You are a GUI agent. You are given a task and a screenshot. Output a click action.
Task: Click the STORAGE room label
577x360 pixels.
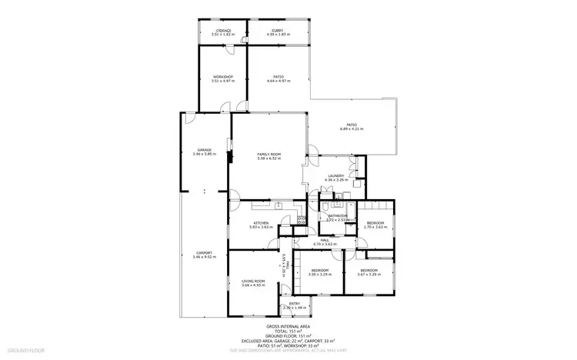tap(223, 30)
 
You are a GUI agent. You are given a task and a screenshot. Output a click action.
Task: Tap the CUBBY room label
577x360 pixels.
tap(277, 30)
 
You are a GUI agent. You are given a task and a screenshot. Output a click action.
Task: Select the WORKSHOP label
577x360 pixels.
tap(223, 77)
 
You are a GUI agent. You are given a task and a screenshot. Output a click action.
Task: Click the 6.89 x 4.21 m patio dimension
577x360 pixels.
tap(352, 128)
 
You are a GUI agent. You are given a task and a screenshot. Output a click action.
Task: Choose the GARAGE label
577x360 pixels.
tap(204, 150)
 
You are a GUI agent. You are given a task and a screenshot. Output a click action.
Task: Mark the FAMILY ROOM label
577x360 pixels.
tap(268, 155)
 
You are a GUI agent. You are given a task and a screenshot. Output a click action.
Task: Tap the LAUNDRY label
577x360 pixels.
tap(335, 176)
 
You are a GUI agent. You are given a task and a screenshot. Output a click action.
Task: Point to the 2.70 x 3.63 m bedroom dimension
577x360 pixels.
tap(375, 227)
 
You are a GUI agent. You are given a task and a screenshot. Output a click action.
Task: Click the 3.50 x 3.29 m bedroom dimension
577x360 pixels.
tap(320, 274)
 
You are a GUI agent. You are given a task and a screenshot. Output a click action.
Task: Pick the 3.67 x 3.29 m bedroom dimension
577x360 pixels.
tap(369, 274)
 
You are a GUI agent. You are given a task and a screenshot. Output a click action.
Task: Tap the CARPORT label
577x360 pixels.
tap(204, 252)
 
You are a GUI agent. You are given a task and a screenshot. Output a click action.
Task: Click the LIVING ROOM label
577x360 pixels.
tap(253, 282)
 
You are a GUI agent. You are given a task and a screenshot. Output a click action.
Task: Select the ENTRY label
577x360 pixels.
tap(295, 304)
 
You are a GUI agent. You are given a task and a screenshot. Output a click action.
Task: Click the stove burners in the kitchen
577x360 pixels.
tap(302, 219)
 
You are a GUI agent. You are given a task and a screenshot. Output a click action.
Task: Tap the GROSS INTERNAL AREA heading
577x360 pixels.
tap(288, 326)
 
